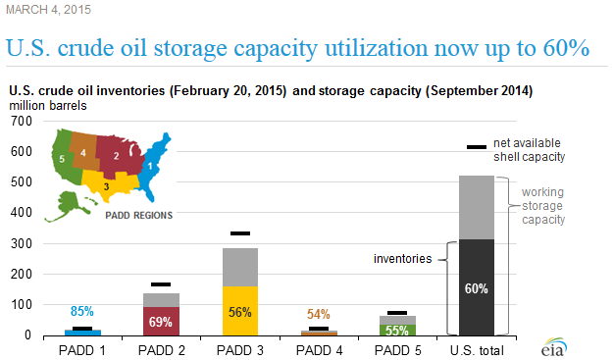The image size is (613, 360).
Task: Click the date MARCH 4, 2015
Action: [x=44, y=10]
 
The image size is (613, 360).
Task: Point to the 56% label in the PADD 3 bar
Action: [x=239, y=312]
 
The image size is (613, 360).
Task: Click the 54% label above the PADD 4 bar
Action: [x=318, y=314]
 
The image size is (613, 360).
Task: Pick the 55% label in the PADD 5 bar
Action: [x=396, y=330]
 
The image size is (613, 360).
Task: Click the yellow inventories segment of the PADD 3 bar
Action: [x=239, y=294]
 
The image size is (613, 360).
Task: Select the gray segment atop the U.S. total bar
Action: [x=476, y=207]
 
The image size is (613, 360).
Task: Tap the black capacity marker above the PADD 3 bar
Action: [x=239, y=233]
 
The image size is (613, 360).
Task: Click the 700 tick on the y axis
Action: [x=21, y=121]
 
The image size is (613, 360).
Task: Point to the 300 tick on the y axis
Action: [x=21, y=243]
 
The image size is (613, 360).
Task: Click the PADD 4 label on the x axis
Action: [x=318, y=348]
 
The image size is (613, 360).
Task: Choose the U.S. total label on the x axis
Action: [x=476, y=348]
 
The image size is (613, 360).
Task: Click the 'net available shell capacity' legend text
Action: [x=531, y=148]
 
